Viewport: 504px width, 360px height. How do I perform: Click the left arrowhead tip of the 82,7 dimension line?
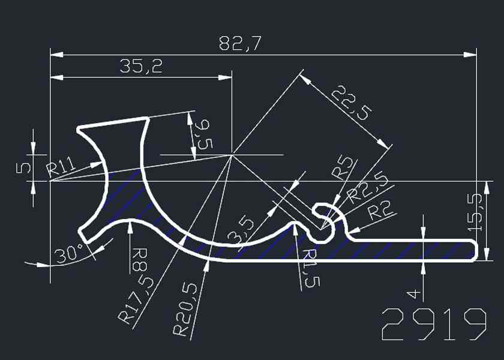pyautogui.click(x=50, y=55)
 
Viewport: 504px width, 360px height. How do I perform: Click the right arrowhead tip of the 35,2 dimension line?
pyautogui.click(x=232, y=77)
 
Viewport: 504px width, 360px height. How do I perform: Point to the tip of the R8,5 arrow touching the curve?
pyautogui.click(x=130, y=221)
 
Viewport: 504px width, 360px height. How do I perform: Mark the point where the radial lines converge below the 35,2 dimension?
pyautogui.click(x=232, y=155)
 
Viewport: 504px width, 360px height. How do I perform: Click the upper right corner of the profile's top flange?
pyautogui.click(x=148, y=119)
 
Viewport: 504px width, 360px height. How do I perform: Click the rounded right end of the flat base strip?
pyautogui.click(x=475, y=251)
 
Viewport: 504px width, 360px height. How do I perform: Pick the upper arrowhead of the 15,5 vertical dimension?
pyautogui.click(x=487, y=182)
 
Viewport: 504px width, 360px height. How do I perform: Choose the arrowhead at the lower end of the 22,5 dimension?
pyautogui.click(x=388, y=149)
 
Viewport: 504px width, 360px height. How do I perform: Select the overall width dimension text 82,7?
pyautogui.click(x=240, y=44)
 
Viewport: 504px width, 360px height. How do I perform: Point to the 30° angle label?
pyautogui.click(x=70, y=253)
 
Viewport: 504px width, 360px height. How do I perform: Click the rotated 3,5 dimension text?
pyautogui.click(x=241, y=231)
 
